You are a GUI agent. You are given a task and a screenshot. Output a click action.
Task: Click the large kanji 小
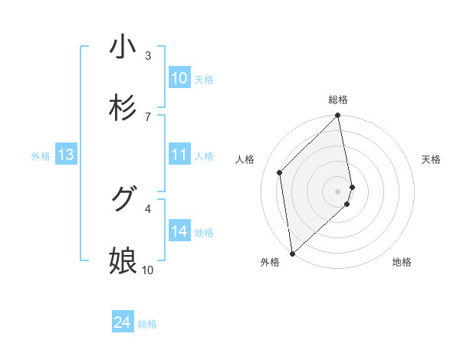(123, 47)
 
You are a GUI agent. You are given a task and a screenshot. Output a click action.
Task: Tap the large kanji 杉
(123, 108)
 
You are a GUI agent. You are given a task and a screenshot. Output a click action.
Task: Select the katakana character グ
(123, 200)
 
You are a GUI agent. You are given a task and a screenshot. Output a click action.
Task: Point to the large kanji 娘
(123, 261)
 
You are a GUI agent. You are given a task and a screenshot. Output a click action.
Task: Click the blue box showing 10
(179, 78)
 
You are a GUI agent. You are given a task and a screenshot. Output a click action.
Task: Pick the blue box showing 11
(179, 155)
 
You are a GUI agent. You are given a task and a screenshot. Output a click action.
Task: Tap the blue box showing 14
(179, 231)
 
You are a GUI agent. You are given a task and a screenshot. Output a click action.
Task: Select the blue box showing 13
(66, 155)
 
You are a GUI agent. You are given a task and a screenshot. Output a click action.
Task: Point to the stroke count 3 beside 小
(148, 55)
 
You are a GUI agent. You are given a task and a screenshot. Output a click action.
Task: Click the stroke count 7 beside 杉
(148, 116)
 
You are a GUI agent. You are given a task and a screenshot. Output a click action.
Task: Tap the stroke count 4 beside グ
(148, 208)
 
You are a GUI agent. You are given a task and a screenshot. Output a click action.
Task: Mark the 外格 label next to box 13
(41, 156)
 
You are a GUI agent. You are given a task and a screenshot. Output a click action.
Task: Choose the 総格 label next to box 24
(147, 325)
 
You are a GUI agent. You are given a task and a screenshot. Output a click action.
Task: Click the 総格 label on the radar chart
(338, 100)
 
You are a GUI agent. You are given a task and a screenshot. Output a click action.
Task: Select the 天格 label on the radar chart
(432, 159)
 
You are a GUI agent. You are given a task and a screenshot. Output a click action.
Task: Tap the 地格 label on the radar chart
(402, 263)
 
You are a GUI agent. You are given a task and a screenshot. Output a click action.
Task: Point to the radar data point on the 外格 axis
(292, 253)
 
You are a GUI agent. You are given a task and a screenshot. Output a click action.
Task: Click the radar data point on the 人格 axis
(280, 172)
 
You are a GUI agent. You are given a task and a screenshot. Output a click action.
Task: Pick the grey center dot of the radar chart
(338, 191)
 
